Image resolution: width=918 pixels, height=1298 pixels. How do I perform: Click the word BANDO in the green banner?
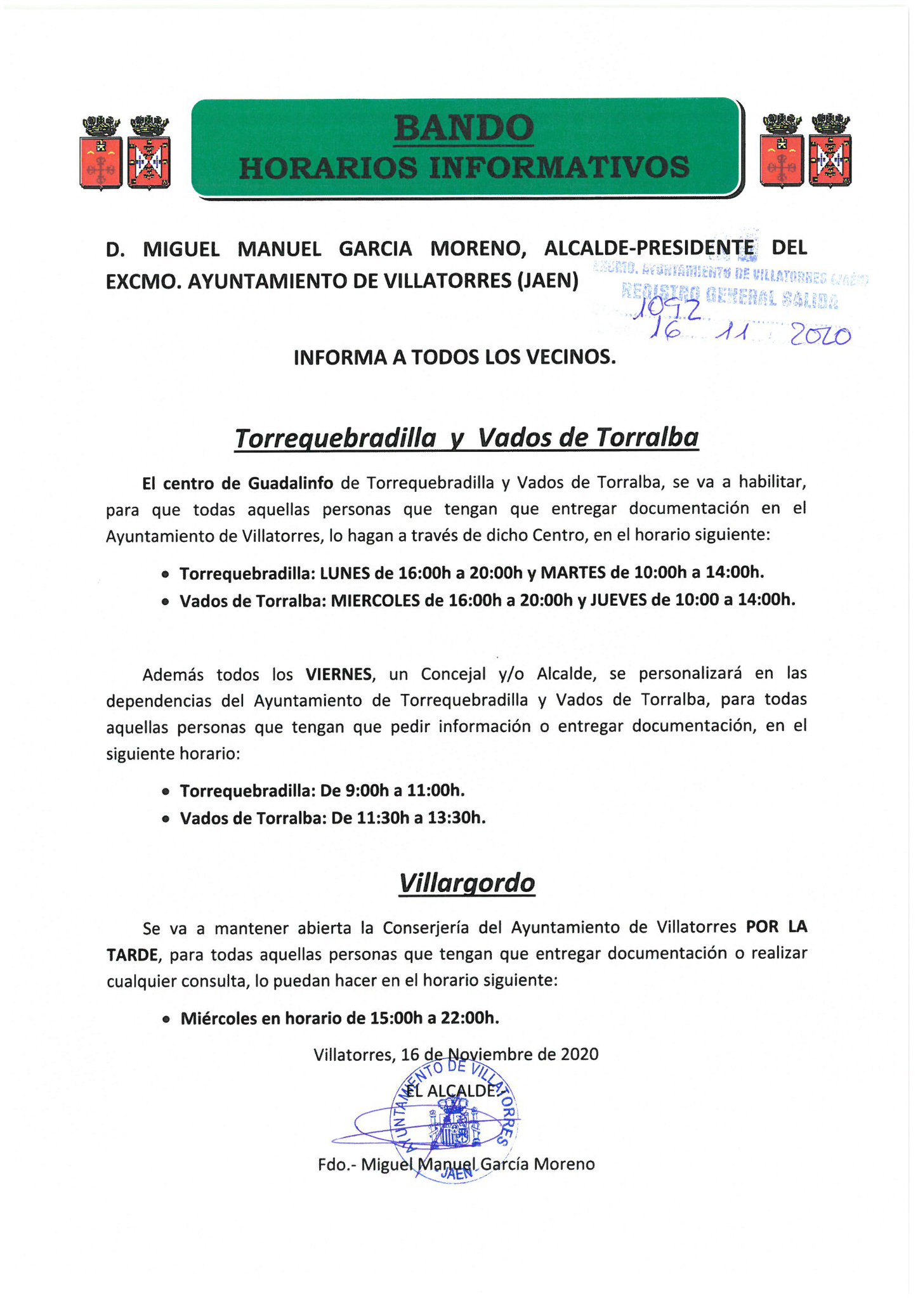point(464,128)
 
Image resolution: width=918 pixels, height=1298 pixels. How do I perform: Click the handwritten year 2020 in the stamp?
point(820,336)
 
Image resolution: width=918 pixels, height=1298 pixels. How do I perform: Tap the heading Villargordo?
point(466,883)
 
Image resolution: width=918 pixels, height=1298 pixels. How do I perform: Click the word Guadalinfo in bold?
point(290,483)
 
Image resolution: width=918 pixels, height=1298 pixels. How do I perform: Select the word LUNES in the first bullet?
point(345,574)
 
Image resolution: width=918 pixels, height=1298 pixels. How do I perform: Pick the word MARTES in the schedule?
point(574,573)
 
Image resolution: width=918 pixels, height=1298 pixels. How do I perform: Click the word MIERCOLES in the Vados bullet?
point(376,601)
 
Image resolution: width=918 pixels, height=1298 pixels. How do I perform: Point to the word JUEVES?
point(619,600)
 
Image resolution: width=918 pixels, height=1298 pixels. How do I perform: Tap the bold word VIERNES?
point(339,674)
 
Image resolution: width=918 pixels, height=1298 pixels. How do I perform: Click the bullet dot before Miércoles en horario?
point(166,1019)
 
